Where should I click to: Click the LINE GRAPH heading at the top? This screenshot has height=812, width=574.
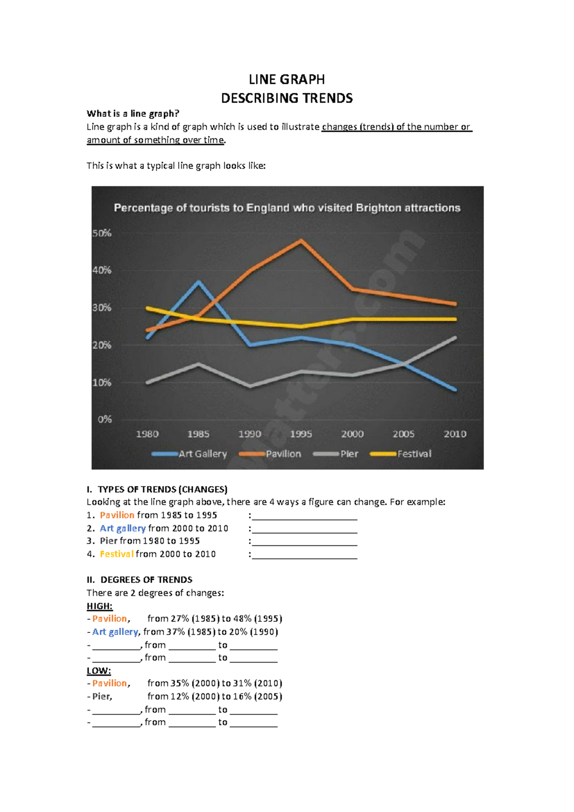pyautogui.click(x=287, y=79)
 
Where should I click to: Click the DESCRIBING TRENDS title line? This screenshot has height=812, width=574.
pyautogui.click(x=287, y=98)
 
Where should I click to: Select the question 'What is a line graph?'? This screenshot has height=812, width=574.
pyautogui.click(x=132, y=113)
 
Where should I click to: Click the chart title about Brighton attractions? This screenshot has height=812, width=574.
pyautogui.click(x=287, y=208)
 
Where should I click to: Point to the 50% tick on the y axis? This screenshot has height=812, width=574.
pyautogui.click(x=102, y=233)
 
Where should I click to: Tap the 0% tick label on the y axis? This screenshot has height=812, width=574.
pyautogui.click(x=105, y=419)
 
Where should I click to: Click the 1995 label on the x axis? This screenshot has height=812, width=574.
pyautogui.click(x=301, y=434)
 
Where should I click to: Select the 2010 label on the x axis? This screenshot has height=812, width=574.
pyautogui.click(x=454, y=434)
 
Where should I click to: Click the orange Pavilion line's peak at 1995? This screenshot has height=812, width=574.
pyautogui.click(x=301, y=240)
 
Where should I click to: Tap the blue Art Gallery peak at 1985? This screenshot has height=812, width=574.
pyautogui.click(x=199, y=282)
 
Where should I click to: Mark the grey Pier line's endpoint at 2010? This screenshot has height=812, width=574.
pyautogui.click(x=454, y=338)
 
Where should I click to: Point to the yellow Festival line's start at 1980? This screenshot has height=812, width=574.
pyautogui.click(x=147, y=308)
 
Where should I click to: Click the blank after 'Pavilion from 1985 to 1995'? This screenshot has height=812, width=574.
pyautogui.click(x=305, y=516)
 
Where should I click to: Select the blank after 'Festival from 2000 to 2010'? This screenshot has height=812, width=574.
pyautogui.click(x=305, y=554)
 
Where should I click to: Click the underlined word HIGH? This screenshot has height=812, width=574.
pyautogui.click(x=99, y=606)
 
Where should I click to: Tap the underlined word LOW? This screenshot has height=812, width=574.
pyautogui.click(x=99, y=671)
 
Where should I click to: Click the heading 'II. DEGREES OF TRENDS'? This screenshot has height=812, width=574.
pyautogui.click(x=140, y=580)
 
